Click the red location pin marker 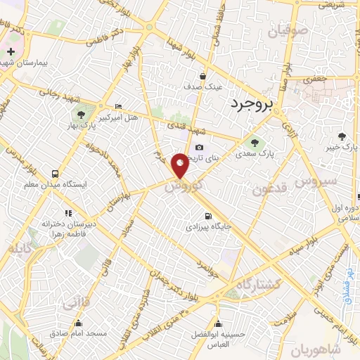tap(181, 165)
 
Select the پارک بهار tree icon tap(82, 113)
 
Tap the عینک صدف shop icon tap(202, 76)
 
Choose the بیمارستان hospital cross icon tap(11, 52)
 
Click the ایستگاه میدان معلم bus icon tap(54, 174)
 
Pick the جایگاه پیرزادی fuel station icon tap(207, 217)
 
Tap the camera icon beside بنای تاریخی tap(200, 148)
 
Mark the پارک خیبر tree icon tap(342, 136)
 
